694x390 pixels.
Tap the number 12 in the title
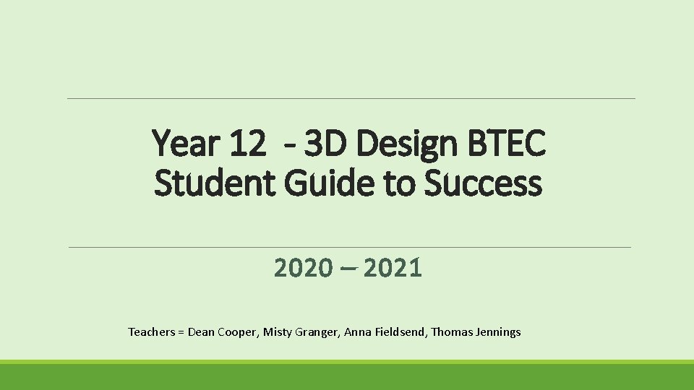pos(247,145)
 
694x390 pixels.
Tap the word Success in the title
pos(482,183)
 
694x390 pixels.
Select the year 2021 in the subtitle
pos(393,269)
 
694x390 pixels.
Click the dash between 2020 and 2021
pos(348,269)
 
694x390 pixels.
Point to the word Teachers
pos(151,332)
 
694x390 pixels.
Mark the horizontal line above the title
pos(351,98)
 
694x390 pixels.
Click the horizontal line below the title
pos(351,247)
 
